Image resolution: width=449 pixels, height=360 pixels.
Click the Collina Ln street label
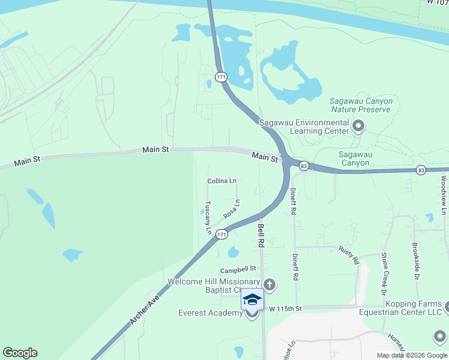click(x=222, y=181)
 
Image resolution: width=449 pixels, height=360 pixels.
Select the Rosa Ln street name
click(x=232, y=209)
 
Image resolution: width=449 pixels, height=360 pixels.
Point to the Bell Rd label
click(x=261, y=236)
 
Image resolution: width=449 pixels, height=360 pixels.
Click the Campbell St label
click(x=238, y=269)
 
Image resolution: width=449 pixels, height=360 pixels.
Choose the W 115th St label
click(x=285, y=308)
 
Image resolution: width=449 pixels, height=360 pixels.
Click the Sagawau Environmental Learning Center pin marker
click(x=359, y=126)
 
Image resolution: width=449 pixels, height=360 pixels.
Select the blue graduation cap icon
click(x=252, y=299)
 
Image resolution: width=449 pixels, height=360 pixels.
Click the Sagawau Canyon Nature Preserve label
click(x=361, y=105)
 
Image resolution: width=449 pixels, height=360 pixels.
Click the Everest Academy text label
click(x=210, y=313)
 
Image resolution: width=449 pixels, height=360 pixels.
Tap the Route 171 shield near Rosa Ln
click(x=222, y=234)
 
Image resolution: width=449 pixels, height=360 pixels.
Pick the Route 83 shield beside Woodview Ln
click(x=421, y=170)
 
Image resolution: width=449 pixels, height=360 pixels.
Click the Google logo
click(x=20, y=353)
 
